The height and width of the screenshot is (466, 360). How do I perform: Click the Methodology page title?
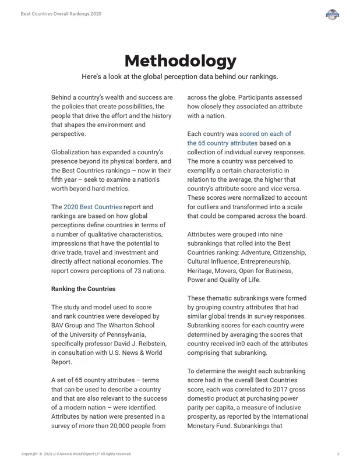[180, 61]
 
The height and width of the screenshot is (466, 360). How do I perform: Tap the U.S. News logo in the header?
[332, 15]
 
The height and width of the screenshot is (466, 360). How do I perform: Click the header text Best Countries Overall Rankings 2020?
[61, 13]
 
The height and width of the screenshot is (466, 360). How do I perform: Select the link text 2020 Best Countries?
[93, 207]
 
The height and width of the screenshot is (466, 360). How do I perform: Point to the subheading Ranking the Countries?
[83, 289]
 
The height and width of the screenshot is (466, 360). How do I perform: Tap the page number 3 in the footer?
[338, 454]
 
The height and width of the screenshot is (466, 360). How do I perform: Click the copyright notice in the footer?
[76, 454]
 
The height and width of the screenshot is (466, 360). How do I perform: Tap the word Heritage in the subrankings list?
[202, 271]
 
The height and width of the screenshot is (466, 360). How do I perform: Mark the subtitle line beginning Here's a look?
[180, 77]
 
